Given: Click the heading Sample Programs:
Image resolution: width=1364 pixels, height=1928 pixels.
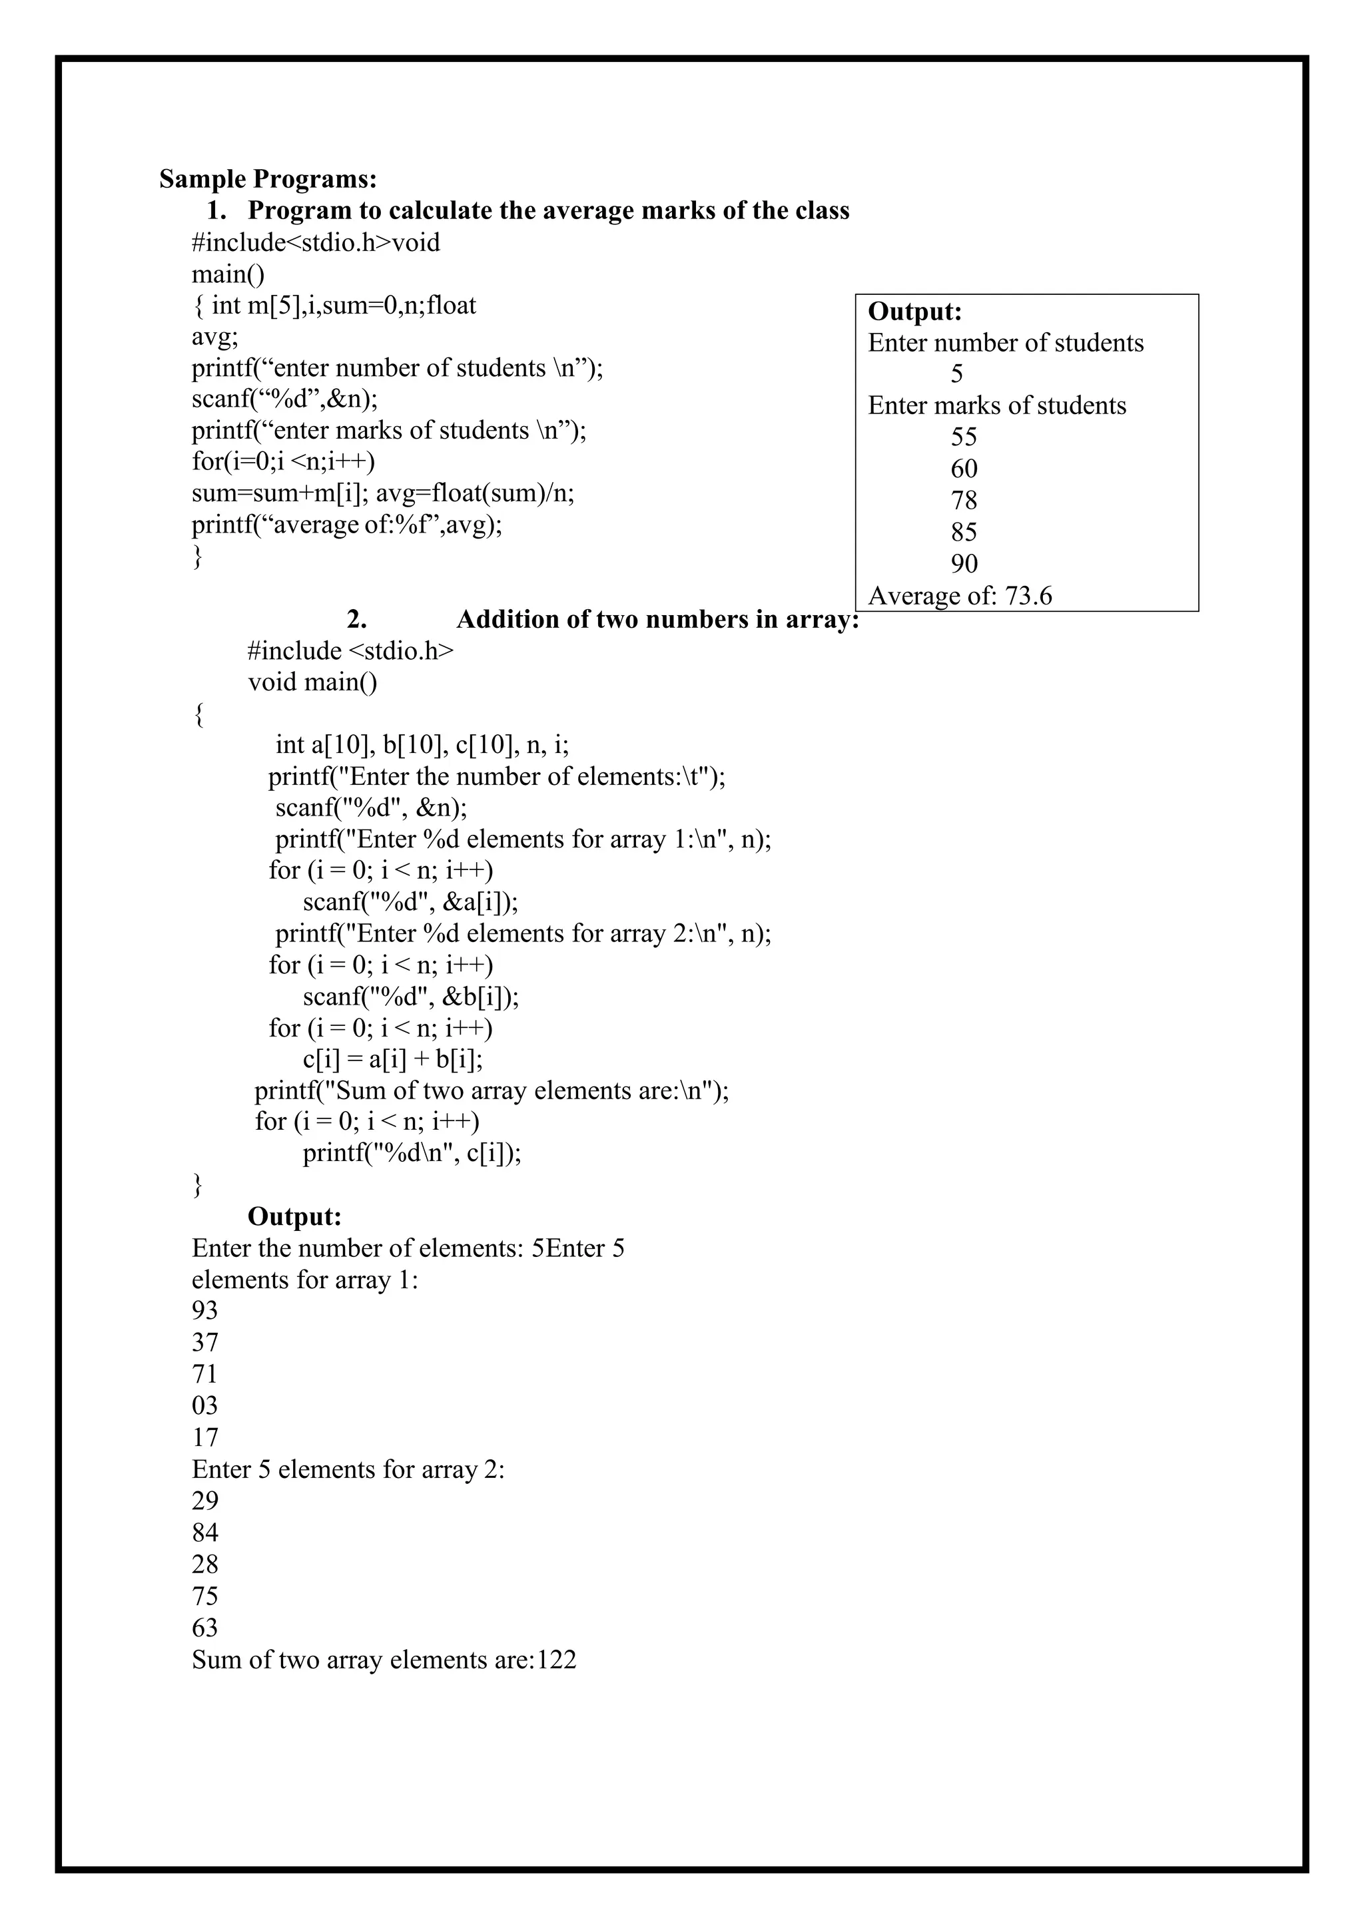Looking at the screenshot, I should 268,179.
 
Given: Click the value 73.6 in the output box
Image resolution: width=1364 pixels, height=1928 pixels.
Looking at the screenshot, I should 1028,597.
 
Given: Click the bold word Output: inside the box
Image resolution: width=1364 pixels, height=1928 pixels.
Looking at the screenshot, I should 914,312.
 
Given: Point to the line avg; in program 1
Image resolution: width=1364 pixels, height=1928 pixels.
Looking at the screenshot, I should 215,337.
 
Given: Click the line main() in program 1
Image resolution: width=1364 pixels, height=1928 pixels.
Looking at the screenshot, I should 228,274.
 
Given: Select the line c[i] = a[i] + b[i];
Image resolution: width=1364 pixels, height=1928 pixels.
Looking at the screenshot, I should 392,1059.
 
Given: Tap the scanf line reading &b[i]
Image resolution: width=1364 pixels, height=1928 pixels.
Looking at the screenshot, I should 411,996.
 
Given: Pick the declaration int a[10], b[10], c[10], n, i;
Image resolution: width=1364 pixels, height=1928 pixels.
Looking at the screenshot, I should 422,745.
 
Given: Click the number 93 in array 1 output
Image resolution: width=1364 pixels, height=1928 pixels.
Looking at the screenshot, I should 205,1311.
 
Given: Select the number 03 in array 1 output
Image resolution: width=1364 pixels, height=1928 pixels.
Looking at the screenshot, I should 205,1405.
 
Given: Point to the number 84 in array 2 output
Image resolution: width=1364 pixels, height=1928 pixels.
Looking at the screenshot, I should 205,1533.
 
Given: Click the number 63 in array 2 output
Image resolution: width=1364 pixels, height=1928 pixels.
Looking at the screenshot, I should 205,1627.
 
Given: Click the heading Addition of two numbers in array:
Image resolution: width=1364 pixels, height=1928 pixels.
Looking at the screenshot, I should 657,620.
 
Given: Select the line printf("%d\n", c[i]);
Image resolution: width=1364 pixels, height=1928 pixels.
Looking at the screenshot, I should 412,1153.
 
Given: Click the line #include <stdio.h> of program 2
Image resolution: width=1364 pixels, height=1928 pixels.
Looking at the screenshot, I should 350,651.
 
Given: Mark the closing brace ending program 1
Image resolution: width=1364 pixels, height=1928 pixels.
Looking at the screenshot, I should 198,557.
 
